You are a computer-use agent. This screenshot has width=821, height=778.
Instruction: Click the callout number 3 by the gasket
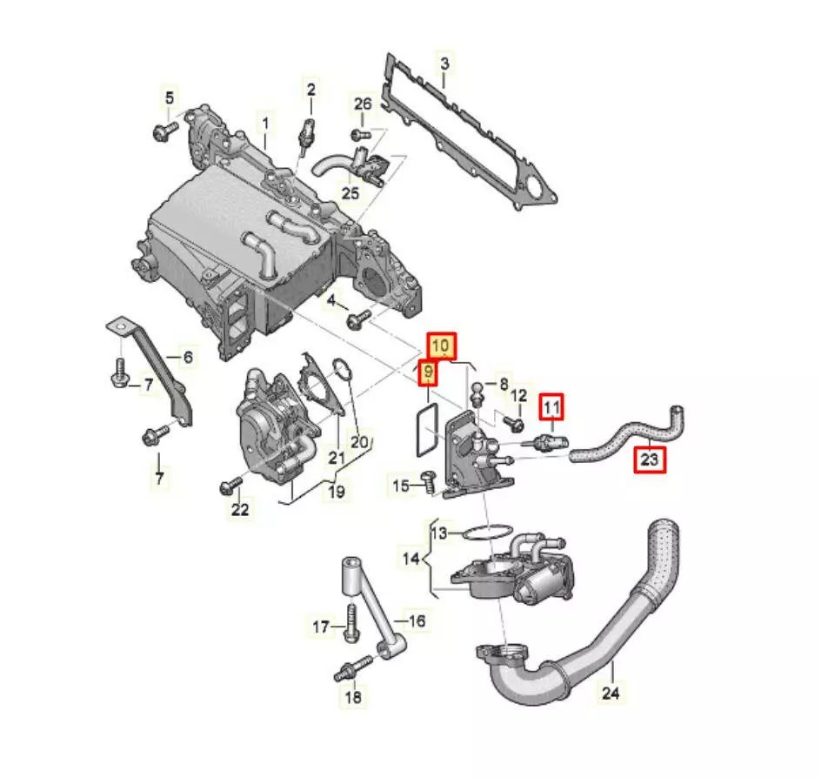tap(444, 64)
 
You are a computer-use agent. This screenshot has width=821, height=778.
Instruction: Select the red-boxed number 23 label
tap(650, 459)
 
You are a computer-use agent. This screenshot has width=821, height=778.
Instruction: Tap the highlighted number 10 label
tap(441, 345)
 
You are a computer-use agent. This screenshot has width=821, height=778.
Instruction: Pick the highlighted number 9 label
tap(428, 372)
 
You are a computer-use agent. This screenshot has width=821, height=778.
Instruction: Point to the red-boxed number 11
tap(552, 406)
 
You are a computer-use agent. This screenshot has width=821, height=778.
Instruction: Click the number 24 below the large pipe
tap(611, 693)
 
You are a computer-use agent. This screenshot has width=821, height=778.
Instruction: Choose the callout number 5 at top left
tap(169, 97)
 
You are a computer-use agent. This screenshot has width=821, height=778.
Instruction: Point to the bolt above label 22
tap(230, 485)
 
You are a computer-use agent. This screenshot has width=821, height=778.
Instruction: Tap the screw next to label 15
tap(428, 480)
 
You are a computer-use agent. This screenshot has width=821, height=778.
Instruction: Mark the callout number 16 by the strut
tap(417, 620)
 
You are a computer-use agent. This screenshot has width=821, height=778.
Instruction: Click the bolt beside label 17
tap(351, 622)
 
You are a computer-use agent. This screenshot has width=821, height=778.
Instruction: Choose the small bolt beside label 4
tap(358, 319)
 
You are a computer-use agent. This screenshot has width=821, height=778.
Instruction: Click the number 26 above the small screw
tap(363, 104)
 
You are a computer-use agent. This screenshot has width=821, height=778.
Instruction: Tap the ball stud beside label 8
tap(477, 394)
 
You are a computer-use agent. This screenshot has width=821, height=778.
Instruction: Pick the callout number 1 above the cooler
tap(265, 124)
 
